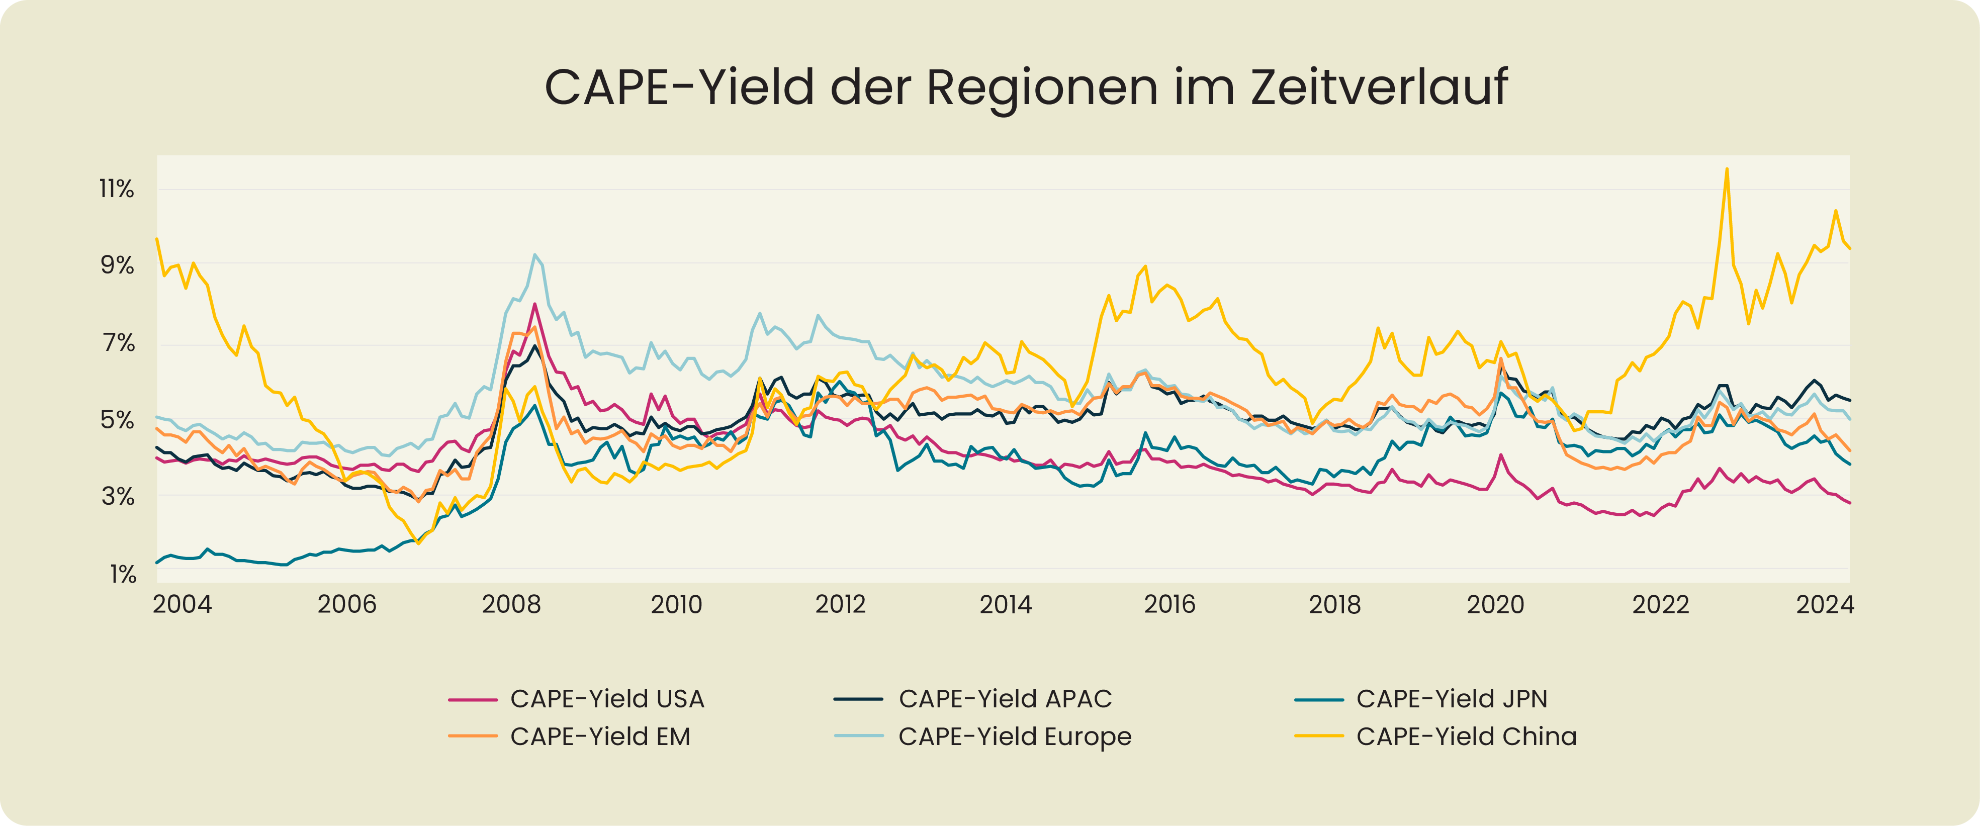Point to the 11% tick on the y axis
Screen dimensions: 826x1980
pos(117,189)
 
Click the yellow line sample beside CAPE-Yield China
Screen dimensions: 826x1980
pos(1319,736)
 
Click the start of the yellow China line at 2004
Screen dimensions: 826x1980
pos(157,239)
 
